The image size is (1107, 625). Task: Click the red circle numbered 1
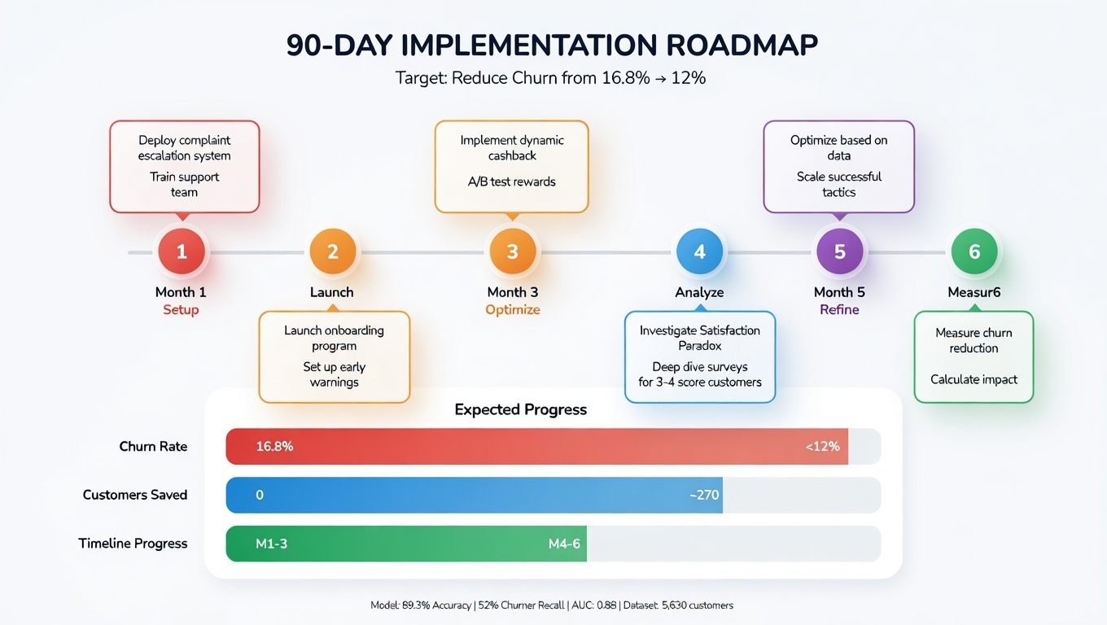click(x=181, y=252)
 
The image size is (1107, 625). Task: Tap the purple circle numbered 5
click(x=839, y=252)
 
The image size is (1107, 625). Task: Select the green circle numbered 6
click(x=974, y=252)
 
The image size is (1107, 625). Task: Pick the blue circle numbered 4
click(x=699, y=252)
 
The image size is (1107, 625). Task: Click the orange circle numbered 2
click(x=332, y=252)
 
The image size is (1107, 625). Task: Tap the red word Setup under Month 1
click(x=181, y=310)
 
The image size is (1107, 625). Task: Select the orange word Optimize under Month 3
click(x=512, y=310)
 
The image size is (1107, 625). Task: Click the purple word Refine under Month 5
click(x=839, y=310)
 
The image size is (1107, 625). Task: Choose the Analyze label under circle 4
click(x=699, y=292)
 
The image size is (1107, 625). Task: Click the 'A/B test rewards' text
click(x=511, y=181)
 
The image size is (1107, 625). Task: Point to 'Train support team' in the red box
click(x=184, y=185)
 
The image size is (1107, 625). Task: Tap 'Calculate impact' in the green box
click(x=974, y=379)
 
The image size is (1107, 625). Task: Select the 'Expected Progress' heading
click(x=520, y=409)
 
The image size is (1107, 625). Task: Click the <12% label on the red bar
click(x=822, y=446)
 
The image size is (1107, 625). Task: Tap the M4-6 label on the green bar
click(x=564, y=544)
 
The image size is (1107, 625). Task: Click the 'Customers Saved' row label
click(x=134, y=495)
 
